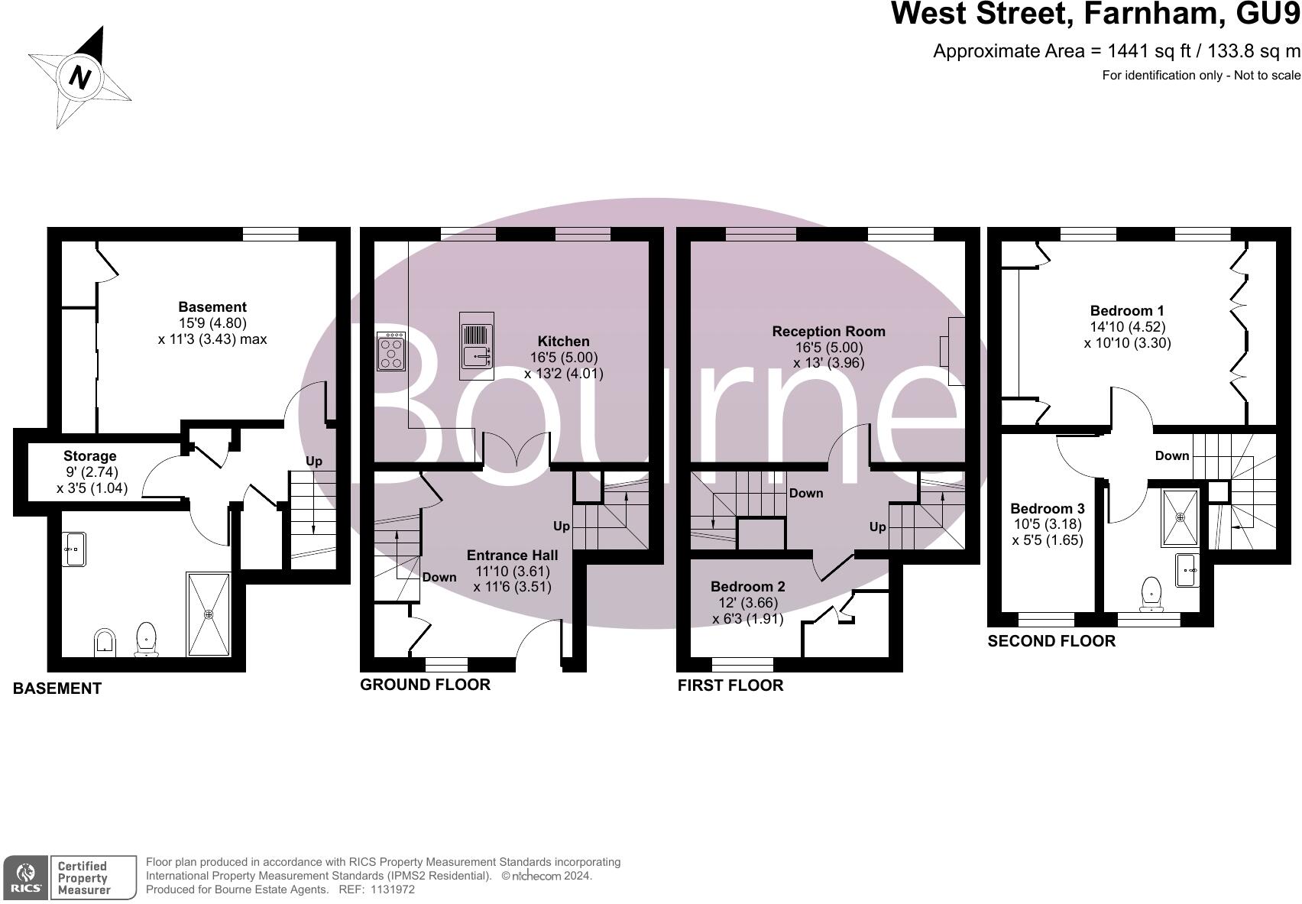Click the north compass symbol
pyautogui.click(x=79, y=76)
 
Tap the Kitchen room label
pyautogui.click(x=564, y=342)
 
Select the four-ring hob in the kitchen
pyautogui.click(x=391, y=352)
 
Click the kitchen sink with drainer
pyautogui.click(x=477, y=345)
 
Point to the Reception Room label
pyautogui.click(x=828, y=332)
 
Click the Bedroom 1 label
pyautogui.click(x=1127, y=311)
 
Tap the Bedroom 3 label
pyautogui.click(x=1047, y=509)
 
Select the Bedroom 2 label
pyautogui.click(x=747, y=587)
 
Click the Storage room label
pyautogui.click(x=90, y=456)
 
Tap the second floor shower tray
pyautogui.click(x=1180, y=517)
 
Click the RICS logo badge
pyautogui.click(x=25, y=877)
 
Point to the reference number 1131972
pyautogui.click(x=392, y=889)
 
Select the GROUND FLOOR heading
pyautogui.click(x=425, y=685)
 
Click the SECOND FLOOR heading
pyautogui.click(x=1051, y=641)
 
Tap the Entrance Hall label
pyautogui.click(x=512, y=556)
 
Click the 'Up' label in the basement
pyautogui.click(x=314, y=461)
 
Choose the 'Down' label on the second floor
pyautogui.click(x=1171, y=455)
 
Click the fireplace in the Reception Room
pyautogui.click(x=954, y=351)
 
